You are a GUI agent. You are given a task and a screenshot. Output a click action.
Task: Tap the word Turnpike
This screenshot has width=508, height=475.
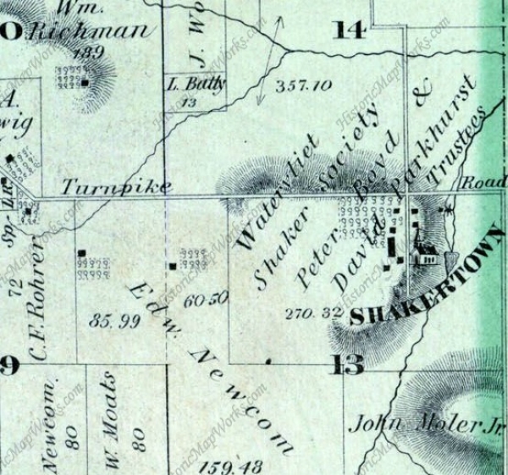point(116,187)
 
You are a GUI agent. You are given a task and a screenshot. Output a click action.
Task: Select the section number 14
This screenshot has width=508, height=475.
point(351,30)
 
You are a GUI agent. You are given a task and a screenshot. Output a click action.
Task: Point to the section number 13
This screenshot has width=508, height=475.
point(349,365)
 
